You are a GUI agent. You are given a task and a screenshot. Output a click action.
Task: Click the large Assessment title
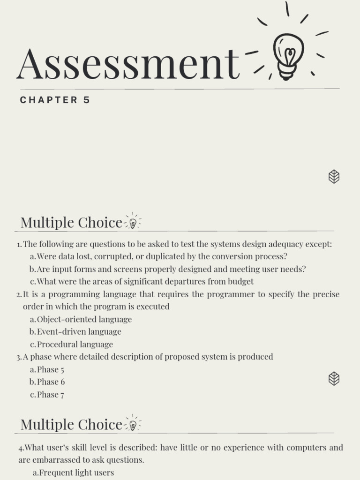click(x=127, y=64)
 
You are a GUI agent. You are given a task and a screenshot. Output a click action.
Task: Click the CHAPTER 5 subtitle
click(x=55, y=100)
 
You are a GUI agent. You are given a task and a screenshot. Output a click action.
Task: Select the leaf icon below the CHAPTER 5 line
click(x=334, y=177)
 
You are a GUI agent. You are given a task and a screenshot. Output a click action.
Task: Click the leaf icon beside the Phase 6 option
click(x=334, y=378)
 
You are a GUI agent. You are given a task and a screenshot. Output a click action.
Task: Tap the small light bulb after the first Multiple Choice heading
click(x=133, y=223)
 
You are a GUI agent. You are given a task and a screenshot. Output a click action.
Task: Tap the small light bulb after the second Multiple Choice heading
click(x=133, y=425)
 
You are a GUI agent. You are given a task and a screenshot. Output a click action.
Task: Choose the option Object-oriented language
click(x=84, y=319)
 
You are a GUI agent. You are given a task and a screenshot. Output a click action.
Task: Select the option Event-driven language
click(x=79, y=332)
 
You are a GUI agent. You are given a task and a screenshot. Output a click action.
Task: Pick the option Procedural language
click(x=75, y=345)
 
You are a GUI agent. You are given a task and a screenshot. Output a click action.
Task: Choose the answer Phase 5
click(x=51, y=369)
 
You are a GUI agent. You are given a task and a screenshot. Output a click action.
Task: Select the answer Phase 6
click(x=51, y=382)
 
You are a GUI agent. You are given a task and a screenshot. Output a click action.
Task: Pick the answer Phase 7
click(x=51, y=395)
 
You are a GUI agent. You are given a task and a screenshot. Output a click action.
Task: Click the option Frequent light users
click(x=76, y=472)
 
